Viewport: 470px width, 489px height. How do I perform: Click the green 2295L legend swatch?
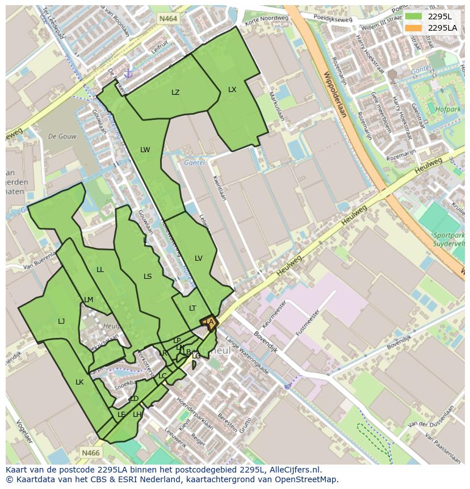click(413, 16)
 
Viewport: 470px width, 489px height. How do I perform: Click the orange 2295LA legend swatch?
click(413, 28)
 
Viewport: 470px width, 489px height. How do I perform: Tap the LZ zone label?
click(175, 93)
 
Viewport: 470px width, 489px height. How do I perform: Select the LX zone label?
click(232, 90)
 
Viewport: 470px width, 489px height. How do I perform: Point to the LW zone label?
click(145, 150)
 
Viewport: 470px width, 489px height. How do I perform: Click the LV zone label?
click(199, 258)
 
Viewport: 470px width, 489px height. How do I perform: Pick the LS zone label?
click(148, 277)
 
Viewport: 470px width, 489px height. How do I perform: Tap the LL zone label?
click(100, 270)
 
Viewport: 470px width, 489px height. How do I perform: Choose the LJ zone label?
click(61, 321)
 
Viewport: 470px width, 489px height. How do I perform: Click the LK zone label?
click(79, 382)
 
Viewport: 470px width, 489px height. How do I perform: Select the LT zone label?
click(192, 308)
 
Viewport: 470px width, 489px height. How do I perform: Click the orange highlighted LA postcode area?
click(209, 323)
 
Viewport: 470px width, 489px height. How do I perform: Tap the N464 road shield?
click(168, 19)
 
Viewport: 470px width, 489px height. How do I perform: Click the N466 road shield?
click(90, 453)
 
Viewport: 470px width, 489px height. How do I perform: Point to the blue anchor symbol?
click(128, 74)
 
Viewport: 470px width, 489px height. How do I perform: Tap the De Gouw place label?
click(62, 136)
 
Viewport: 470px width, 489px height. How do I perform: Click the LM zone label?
click(89, 300)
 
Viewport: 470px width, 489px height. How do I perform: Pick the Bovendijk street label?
click(266, 324)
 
